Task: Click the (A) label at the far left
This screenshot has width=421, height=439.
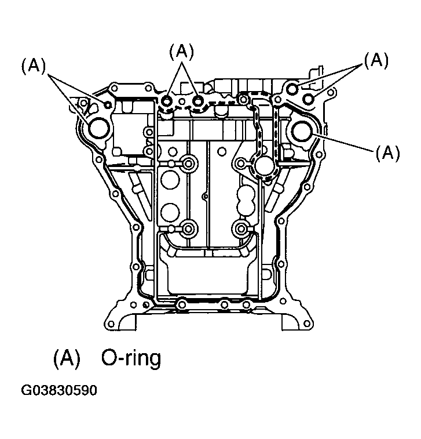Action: tap(33, 67)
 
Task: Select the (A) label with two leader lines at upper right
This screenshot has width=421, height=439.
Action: tap(376, 60)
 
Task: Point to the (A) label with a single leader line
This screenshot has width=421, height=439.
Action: tap(387, 153)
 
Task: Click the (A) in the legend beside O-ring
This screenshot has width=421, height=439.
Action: tap(67, 358)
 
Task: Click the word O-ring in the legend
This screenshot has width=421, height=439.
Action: tap(131, 359)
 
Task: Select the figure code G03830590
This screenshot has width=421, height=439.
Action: tap(59, 390)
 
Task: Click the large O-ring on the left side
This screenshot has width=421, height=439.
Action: tap(99, 128)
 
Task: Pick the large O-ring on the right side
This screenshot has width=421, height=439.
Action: tap(302, 131)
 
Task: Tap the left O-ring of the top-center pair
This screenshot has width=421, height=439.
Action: tap(167, 101)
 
